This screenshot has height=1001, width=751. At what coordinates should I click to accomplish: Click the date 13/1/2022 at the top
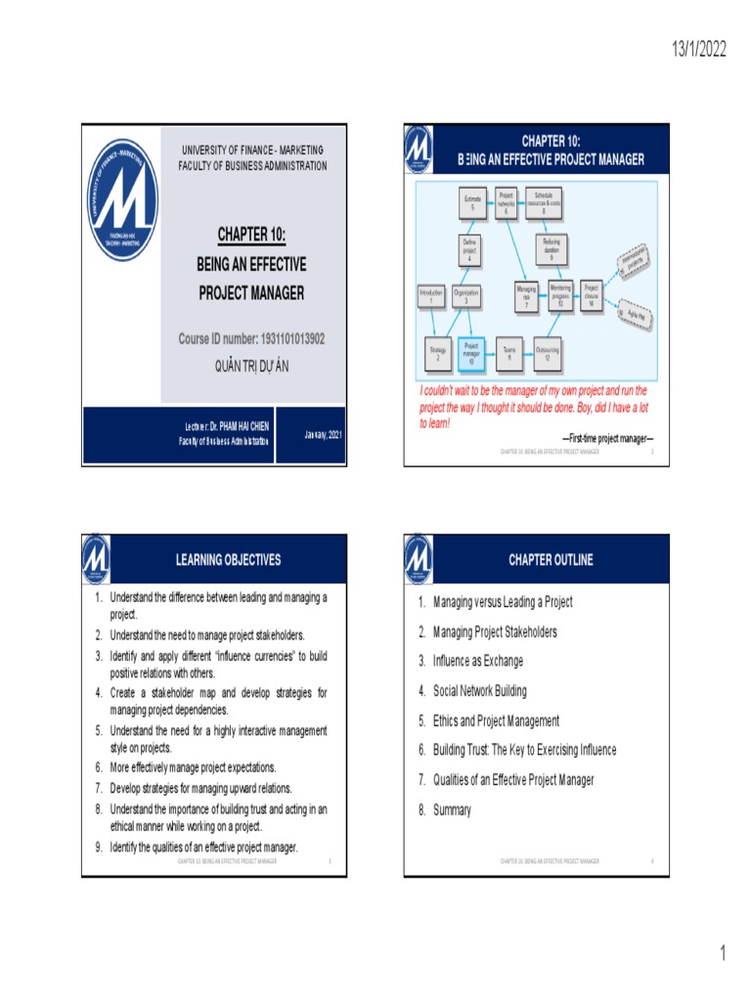pos(698,50)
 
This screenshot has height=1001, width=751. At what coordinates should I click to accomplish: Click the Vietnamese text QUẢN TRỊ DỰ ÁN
pos(251,366)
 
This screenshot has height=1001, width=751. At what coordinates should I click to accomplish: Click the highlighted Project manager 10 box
pos(470,352)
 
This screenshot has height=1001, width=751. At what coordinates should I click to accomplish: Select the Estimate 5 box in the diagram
pos(471,202)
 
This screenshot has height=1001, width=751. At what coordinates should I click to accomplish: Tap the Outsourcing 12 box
pos(553,352)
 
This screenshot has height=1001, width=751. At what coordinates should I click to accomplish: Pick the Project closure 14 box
pos(591,294)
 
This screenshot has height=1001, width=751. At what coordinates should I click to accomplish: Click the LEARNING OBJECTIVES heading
pos(228,560)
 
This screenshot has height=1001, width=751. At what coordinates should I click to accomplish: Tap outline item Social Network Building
pos(479,691)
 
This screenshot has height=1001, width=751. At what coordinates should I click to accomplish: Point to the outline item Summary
pos(452,809)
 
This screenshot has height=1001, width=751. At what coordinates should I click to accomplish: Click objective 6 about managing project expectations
pos(193,767)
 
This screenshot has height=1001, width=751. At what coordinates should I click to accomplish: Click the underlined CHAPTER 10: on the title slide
pos(251,234)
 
